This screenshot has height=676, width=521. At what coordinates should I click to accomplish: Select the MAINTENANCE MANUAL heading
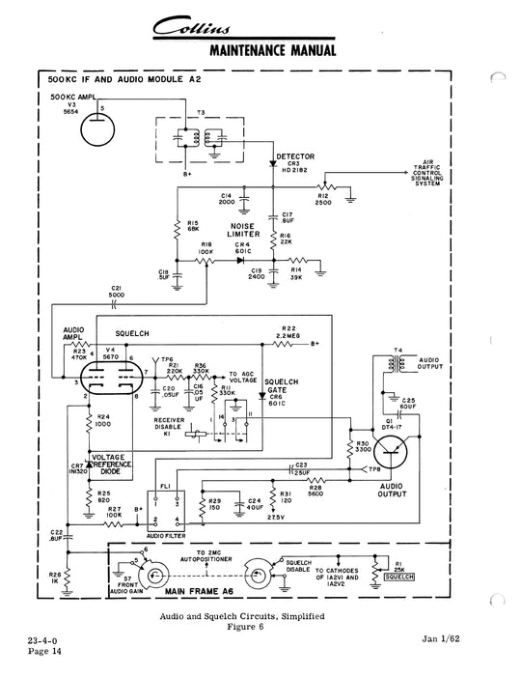pyautogui.click(x=273, y=49)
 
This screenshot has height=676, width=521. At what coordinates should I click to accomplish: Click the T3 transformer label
pyautogui.click(x=203, y=111)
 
